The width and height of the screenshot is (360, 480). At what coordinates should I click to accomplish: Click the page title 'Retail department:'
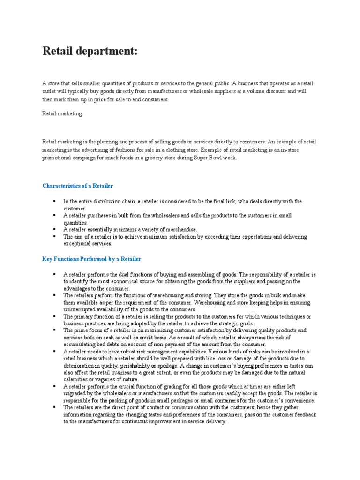[x=90, y=51]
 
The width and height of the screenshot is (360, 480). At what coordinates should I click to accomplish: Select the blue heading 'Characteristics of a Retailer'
[x=78, y=186]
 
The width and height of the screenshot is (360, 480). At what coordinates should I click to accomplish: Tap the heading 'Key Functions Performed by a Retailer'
[x=91, y=259]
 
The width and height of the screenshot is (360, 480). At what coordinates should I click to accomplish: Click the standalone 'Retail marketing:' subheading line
[x=62, y=114]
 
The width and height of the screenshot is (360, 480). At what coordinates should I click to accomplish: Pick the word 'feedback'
[x=304, y=415]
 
